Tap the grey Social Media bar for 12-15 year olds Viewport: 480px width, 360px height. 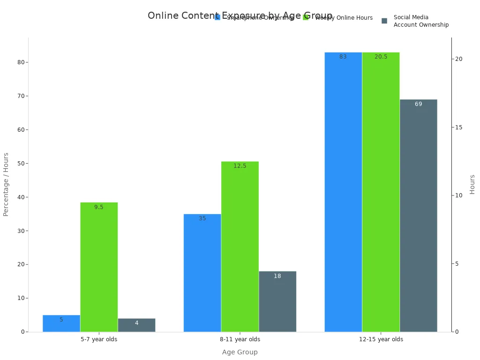tap(418, 216)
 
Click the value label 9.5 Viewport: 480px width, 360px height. tap(98, 207)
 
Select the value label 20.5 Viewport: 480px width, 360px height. tap(381, 57)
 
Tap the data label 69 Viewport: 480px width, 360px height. tap(418, 104)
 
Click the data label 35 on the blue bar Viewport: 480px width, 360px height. tap(202, 218)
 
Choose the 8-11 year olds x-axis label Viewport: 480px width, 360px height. tap(240, 339)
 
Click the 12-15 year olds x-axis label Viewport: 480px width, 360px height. tap(381, 339)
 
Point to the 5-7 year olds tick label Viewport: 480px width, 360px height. tap(99, 339)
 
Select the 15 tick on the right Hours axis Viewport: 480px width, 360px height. tap(458, 127)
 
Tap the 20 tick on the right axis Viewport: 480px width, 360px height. tap(458, 59)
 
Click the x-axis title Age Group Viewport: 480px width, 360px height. tap(240, 352)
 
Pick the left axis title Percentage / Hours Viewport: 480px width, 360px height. tap(6, 184)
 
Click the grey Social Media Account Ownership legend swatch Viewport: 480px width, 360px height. tap(384, 21)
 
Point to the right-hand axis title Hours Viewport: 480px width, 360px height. tap(472, 184)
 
